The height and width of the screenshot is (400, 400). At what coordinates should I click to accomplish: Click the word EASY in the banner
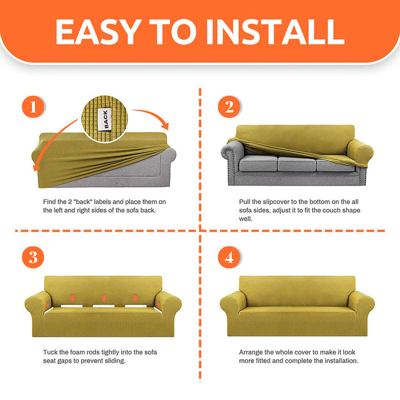click(98, 32)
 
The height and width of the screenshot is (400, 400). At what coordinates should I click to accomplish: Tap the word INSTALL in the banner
click(276, 32)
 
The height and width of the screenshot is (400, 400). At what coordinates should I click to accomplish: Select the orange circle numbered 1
click(33, 107)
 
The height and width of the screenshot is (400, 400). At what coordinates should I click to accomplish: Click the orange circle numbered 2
click(229, 107)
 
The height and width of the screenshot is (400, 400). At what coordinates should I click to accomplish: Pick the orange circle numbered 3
click(33, 257)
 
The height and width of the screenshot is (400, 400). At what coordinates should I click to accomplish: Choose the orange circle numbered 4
click(229, 257)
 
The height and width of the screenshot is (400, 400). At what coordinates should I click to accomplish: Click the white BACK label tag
click(105, 119)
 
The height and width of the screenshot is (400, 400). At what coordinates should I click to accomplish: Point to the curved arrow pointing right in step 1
click(153, 114)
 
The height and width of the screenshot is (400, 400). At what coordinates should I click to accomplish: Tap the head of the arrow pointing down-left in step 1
click(36, 167)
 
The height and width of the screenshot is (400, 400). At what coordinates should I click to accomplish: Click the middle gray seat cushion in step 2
click(297, 163)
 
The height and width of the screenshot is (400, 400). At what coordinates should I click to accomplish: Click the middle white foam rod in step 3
click(103, 306)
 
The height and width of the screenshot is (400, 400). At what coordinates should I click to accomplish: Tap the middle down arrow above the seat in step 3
click(104, 298)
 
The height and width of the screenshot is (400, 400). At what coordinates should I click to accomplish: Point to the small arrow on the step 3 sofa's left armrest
click(47, 304)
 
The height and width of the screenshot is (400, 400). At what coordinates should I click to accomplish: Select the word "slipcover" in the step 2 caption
click(276, 202)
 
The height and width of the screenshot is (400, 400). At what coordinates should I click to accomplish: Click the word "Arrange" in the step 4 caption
click(251, 352)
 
